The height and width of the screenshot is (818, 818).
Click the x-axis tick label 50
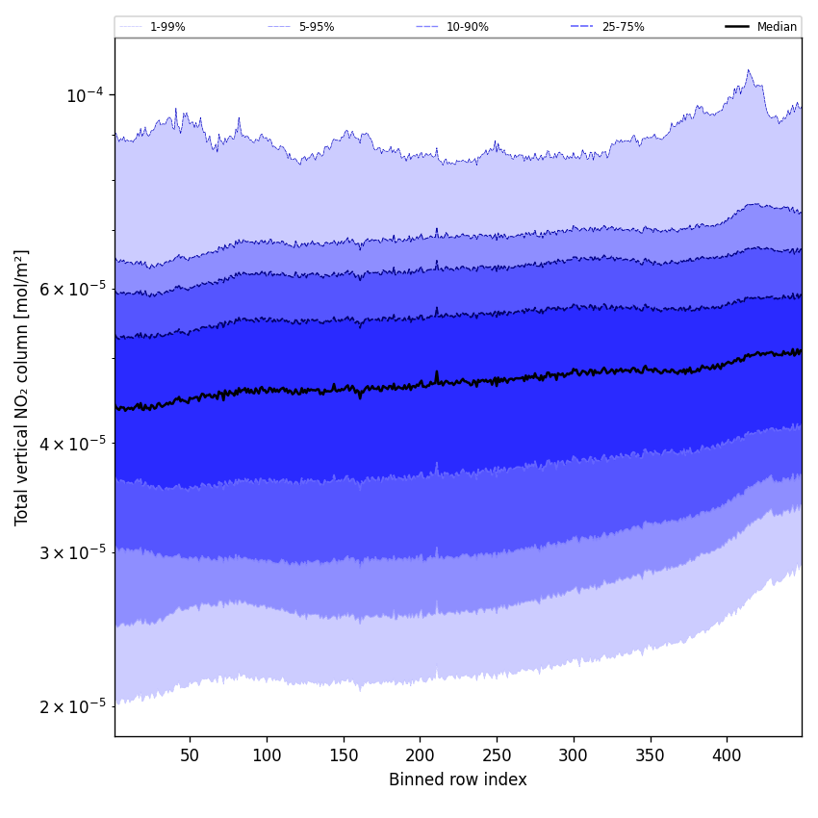[190, 755]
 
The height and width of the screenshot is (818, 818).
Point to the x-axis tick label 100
[267, 755]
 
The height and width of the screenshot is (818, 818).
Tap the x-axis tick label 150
[344, 755]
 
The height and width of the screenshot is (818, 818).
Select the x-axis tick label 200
[420, 755]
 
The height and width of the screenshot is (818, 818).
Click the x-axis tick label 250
[497, 755]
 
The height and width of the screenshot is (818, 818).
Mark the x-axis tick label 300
[574, 755]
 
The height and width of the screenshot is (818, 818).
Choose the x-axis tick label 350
[651, 755]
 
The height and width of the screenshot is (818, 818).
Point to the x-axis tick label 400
[727, 755]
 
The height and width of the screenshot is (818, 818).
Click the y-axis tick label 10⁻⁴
[85, 95]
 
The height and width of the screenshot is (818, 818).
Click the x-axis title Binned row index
[458, 780]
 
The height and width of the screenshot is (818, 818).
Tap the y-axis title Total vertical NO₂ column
[22, 387]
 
